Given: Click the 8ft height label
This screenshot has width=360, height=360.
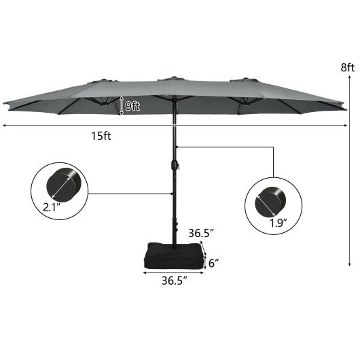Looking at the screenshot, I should point(348,67).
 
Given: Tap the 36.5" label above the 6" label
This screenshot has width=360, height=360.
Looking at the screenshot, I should point(202,233).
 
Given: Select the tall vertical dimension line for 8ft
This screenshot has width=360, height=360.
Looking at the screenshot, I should point(348,170).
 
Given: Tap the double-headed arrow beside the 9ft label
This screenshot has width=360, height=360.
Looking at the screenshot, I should point(122,105).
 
